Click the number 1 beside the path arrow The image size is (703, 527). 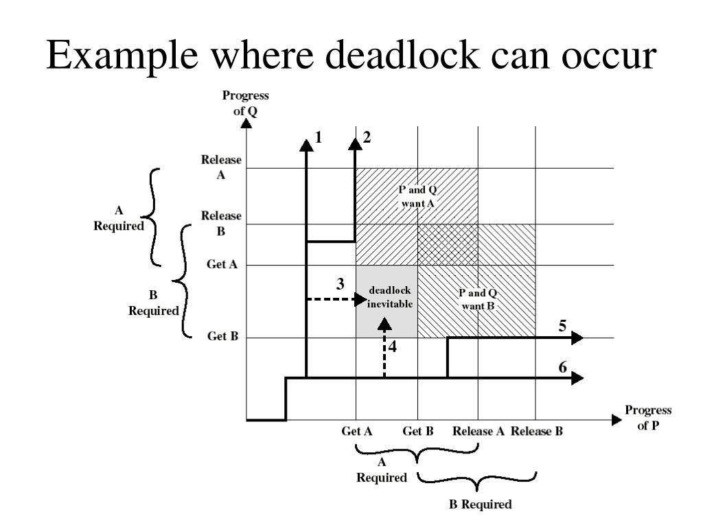[x=319, y=137]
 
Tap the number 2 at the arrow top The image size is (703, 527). [x=367, y=137]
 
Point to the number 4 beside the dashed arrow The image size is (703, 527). [x=393, y=347]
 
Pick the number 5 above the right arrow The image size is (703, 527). [x=562, y=325]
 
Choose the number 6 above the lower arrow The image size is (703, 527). [x=562, y=367]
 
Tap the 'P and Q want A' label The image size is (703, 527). [x=417, y=196]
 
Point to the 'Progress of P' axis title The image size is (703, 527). [x=649, y=417]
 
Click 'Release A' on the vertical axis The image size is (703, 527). [x=221, y=167]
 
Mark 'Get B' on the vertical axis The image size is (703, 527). [x=222, y=337]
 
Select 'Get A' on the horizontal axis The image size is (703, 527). [x=357, y=432]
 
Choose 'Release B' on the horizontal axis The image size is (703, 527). [x=537, y=432]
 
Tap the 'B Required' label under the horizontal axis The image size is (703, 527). [x=480, y=505]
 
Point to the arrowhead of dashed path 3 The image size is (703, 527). [x=361, y=299]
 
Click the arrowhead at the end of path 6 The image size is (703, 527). [x=578, y=378]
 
